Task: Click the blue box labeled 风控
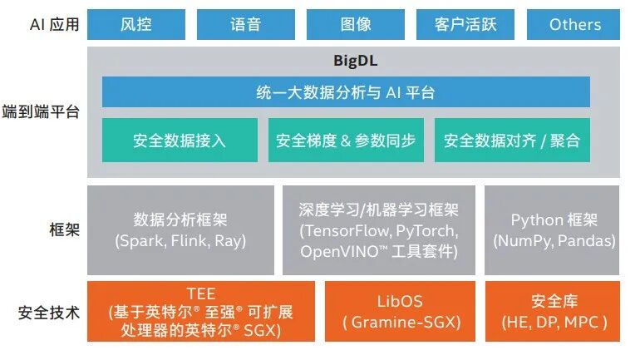[135, 24]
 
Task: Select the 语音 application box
[245, 24]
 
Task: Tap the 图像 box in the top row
[355, 24]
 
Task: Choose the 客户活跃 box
[465, 24]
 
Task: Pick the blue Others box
[574, 24]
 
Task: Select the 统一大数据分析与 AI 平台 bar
[346, 92]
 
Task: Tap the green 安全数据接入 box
[179, 141]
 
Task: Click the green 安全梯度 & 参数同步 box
[345, 141]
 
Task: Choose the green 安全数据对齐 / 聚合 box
[511, 141]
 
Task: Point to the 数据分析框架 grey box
[180, 229]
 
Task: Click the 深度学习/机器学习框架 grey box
[379, 229]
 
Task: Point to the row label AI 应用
[54, 25]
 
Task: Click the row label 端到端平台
[48, 111]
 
